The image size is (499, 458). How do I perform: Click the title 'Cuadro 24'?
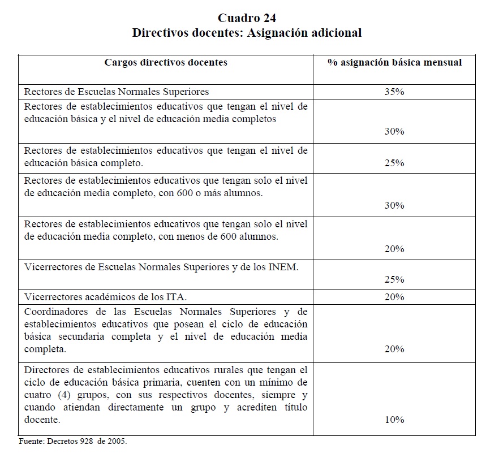pyautogui.click(x=247, y=17)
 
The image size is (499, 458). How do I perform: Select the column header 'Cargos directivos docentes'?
pyautogui.click(x=166, y=62)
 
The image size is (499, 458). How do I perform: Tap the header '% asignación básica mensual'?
pyautogui.click(x=394, y=62)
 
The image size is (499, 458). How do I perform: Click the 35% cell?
pyautogui.click(x=394, y=92)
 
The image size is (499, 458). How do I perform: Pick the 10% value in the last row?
pyautogui.click(x=394, y=420)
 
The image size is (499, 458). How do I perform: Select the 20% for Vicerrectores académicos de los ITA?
pyautogui.click(x=394, y=297)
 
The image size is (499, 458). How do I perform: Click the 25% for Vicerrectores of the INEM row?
pyautogui.click(x=394, y=279)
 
